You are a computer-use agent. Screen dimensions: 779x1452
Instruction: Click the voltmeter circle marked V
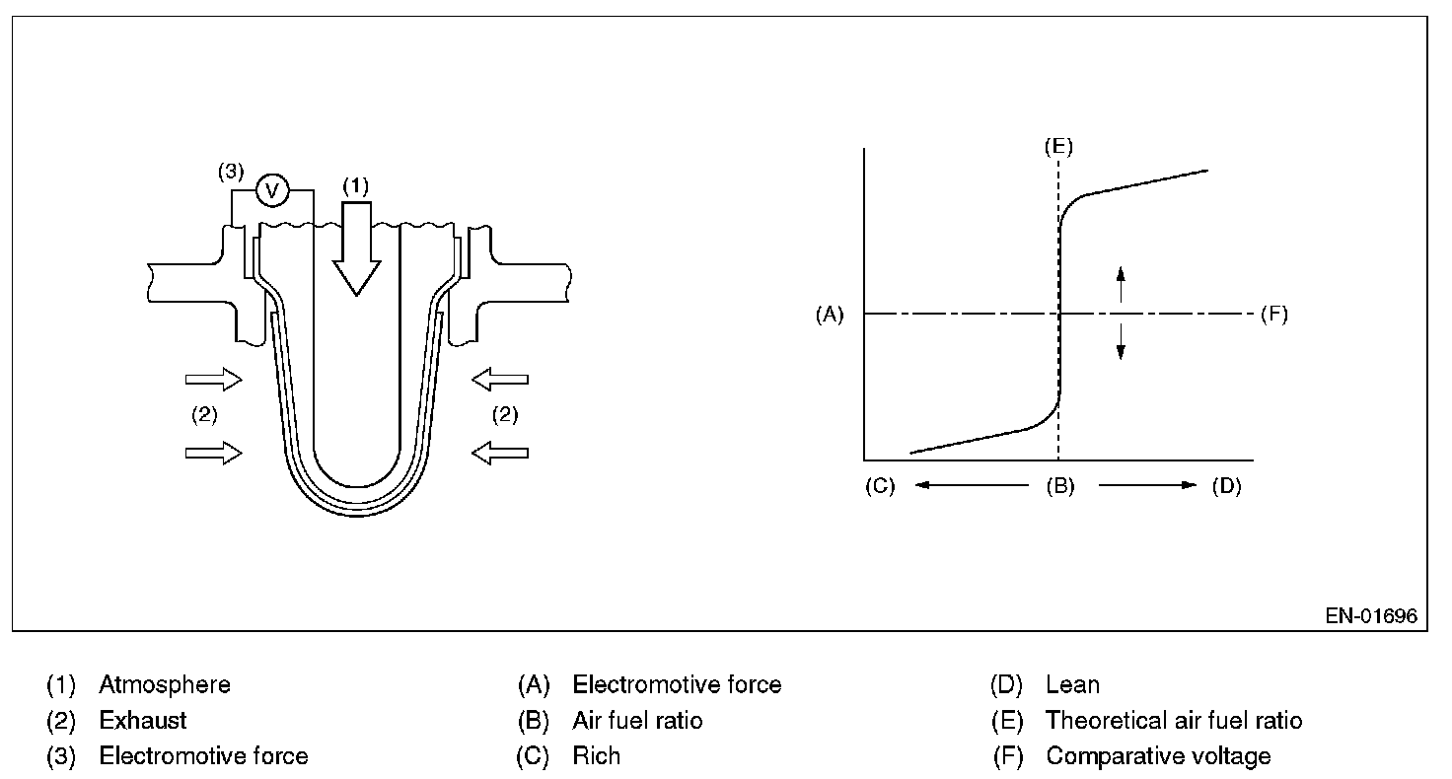(272, 191)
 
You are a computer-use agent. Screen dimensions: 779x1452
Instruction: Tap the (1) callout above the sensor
(355, 184)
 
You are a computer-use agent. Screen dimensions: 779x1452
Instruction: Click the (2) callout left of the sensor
(203, 415)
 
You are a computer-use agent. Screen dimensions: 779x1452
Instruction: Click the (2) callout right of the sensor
(504, 415)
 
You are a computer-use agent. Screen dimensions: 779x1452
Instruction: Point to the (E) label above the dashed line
(1057, 147)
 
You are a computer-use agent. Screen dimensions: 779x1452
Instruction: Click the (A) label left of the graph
(830, 315)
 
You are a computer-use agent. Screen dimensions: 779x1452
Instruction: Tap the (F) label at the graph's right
(1273, 315)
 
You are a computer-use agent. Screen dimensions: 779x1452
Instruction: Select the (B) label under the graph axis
(1060, 487)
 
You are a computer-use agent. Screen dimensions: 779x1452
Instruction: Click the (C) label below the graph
(880, 487)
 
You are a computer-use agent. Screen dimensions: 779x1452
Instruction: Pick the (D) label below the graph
(1226, 487)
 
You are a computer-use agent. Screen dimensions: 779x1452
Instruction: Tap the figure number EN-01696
(1371, 616)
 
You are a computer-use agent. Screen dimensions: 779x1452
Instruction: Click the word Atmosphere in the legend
(165, 684)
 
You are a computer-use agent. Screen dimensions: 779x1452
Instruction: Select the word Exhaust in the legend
(143, 721)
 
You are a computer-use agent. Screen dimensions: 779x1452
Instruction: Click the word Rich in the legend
(596, 756)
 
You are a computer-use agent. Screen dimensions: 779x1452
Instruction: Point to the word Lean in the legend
(1072, 684)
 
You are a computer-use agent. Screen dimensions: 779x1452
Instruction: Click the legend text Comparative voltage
(1158, 756)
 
